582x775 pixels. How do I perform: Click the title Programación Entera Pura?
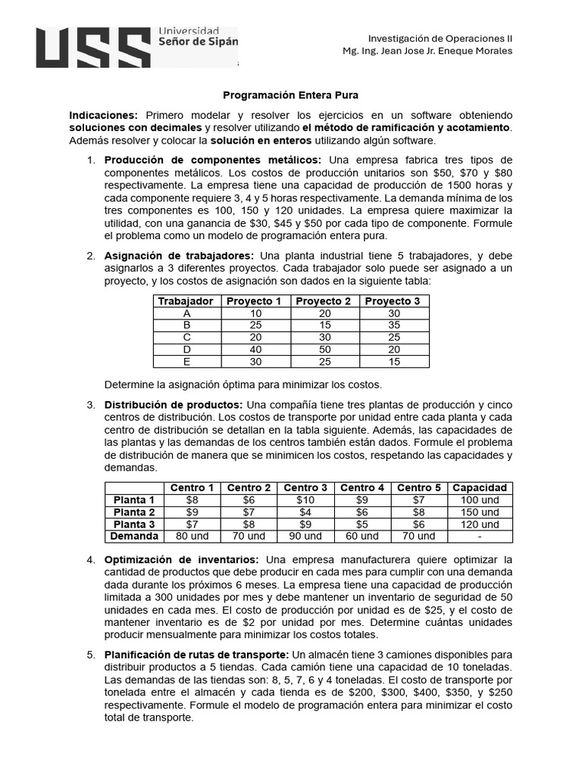(290, 95)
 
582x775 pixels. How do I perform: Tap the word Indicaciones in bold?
(103, 115)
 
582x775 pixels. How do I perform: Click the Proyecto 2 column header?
(324, 301)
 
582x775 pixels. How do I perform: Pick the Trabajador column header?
(186, 301)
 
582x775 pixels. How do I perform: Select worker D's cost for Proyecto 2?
(324, 350)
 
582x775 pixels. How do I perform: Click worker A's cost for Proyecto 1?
(255, 313)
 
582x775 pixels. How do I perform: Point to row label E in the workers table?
(186, 362)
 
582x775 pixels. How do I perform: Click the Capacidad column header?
(480, 487)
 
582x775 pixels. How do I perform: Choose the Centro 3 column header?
(305, 487)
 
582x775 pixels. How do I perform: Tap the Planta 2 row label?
(133, 512)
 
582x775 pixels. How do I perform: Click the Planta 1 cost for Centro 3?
(305, 500)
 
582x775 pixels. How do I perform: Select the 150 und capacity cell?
(480, 512)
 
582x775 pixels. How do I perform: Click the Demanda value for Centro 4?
(362, 536)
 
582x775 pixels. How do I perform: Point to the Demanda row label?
(133, 536)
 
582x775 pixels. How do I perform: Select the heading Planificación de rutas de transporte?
(196, 655)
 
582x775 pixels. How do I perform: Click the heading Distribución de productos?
(174, 405)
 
